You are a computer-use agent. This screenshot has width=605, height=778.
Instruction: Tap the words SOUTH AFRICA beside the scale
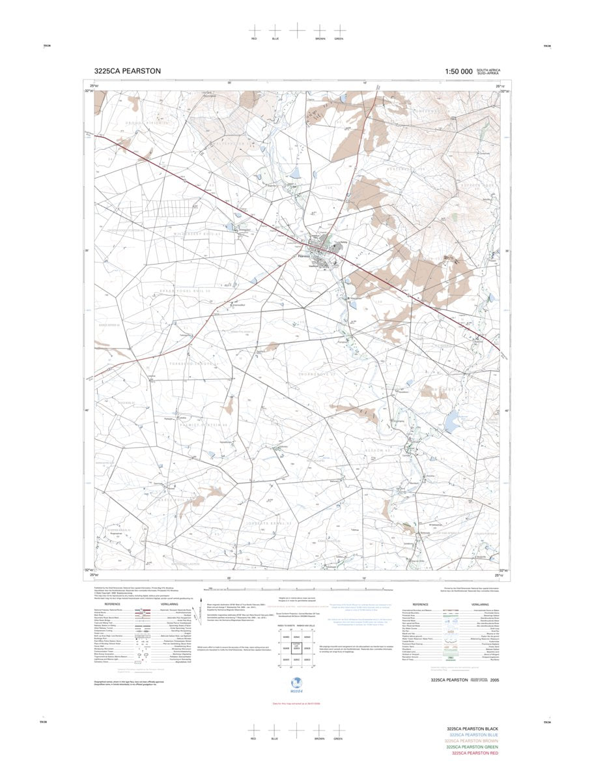click(x=488, y=70)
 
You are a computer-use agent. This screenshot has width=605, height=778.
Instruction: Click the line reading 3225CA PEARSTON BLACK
click(x=472, y=729)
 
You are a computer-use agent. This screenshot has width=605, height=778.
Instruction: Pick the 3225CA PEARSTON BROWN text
click(x=471, y=741)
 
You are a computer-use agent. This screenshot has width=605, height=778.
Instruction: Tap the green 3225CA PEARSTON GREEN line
click(x=472, y=747)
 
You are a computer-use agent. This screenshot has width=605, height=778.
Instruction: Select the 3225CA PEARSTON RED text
click(x=475, y=753)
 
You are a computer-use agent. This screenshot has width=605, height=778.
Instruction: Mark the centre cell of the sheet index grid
click(x=296, y=648)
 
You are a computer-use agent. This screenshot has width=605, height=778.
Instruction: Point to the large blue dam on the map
click(x=450, y=425)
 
